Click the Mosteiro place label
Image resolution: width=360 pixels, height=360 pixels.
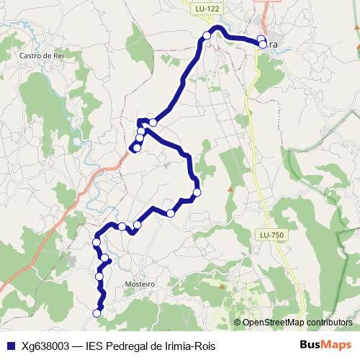140,284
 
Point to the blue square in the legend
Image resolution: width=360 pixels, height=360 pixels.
10,345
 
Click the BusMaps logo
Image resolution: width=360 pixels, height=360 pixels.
326,345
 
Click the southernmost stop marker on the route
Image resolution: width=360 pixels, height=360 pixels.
97,312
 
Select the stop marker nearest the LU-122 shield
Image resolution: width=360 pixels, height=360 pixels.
207,35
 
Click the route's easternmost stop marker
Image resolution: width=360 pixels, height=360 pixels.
263,45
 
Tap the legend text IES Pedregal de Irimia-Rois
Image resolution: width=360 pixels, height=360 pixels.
150,345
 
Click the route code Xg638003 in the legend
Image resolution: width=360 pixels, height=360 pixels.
45,345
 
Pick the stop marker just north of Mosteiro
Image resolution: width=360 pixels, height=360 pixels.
105,258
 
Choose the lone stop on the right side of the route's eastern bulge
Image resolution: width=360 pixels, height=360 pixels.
197,192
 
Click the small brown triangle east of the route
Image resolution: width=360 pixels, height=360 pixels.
230,189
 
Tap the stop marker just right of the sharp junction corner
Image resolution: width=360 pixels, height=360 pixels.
153,122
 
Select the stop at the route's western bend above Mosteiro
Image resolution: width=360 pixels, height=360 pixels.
96,242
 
